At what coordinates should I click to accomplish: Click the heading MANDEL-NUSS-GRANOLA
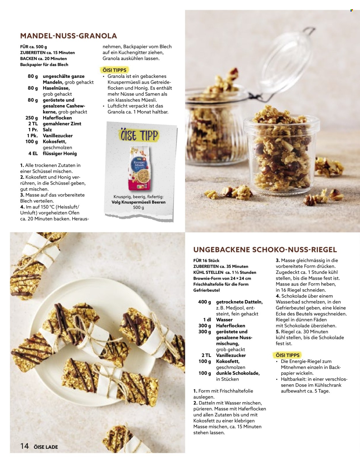pos(69,36)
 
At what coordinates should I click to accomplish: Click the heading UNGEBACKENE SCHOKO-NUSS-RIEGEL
pos(265,250)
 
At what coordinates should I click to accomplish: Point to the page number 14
pos(24,446)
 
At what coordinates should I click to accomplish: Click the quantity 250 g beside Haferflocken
pos(32,118)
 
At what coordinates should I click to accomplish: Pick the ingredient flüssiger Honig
pos(60,154)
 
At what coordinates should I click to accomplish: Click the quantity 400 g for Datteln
pos(204,302)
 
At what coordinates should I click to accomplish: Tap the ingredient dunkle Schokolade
pos(238,373)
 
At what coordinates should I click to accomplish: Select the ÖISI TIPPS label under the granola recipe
pos(114,70)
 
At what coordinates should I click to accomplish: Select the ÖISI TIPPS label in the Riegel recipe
pos(288,355)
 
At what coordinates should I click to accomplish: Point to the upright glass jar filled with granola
pos(281,153)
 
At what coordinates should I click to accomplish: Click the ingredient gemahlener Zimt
pos(62,124)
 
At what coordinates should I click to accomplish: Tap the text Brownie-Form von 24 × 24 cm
pos(222,278)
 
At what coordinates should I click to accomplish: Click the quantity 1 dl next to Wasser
pos(207,320)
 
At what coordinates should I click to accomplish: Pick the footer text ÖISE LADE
pos(46,447)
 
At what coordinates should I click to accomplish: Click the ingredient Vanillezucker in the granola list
pos(58,135)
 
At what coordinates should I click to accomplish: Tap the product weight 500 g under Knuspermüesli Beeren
pos(139,208)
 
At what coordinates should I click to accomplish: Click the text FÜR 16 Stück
pos(206,260)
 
